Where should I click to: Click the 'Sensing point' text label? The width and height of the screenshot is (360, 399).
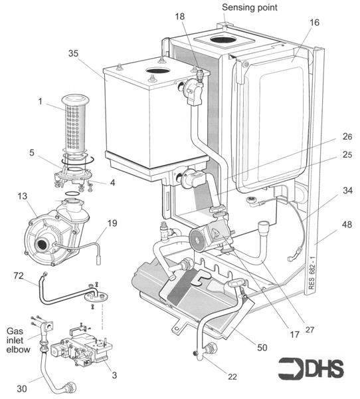tap(250, 7)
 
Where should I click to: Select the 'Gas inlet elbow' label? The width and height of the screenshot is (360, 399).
tap(18, 340)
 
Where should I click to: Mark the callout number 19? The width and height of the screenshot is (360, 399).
tap(112, 222)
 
